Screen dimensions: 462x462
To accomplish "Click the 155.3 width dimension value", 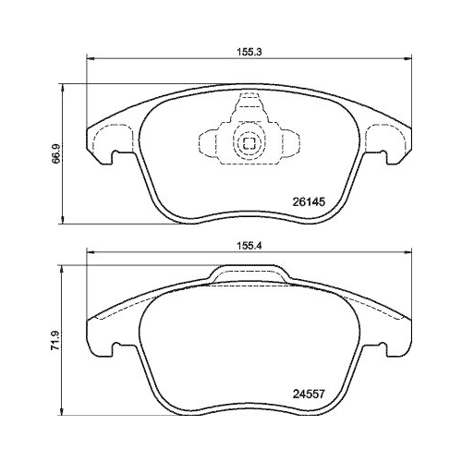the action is coord(249,52).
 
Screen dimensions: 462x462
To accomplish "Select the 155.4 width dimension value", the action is coord(249,246).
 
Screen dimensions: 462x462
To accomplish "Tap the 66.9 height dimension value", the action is coord(56,153).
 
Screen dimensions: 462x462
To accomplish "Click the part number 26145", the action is coord(309,202).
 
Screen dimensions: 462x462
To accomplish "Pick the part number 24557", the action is coord(309,394).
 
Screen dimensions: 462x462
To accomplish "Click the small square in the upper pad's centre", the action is coord(249,142).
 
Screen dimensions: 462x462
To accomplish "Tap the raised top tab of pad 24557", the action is coord(249,273).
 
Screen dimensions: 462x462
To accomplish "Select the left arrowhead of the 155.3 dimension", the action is coord(90,58).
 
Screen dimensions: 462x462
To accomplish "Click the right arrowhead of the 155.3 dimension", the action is coord(407,58).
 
